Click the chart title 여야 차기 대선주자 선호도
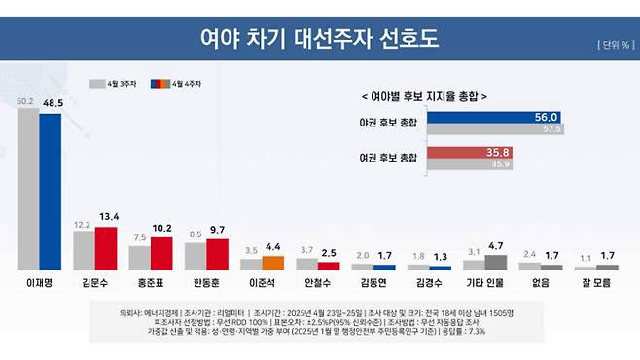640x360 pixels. pyautogui.click(x=319, y=39)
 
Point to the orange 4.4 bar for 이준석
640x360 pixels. pyautogui.click(x=272, y=263)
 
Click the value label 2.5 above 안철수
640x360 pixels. pyautogui.click(x=329, y=254)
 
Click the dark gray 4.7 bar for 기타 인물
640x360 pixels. pyautogui.click(x=495, y=262)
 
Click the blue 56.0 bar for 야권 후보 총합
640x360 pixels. pyautogui.click(x=496, y=118)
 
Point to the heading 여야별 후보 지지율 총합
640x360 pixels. pyautogui.click(x=423, y=96)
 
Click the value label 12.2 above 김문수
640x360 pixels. pyautogui.click(x=83, y=224)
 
